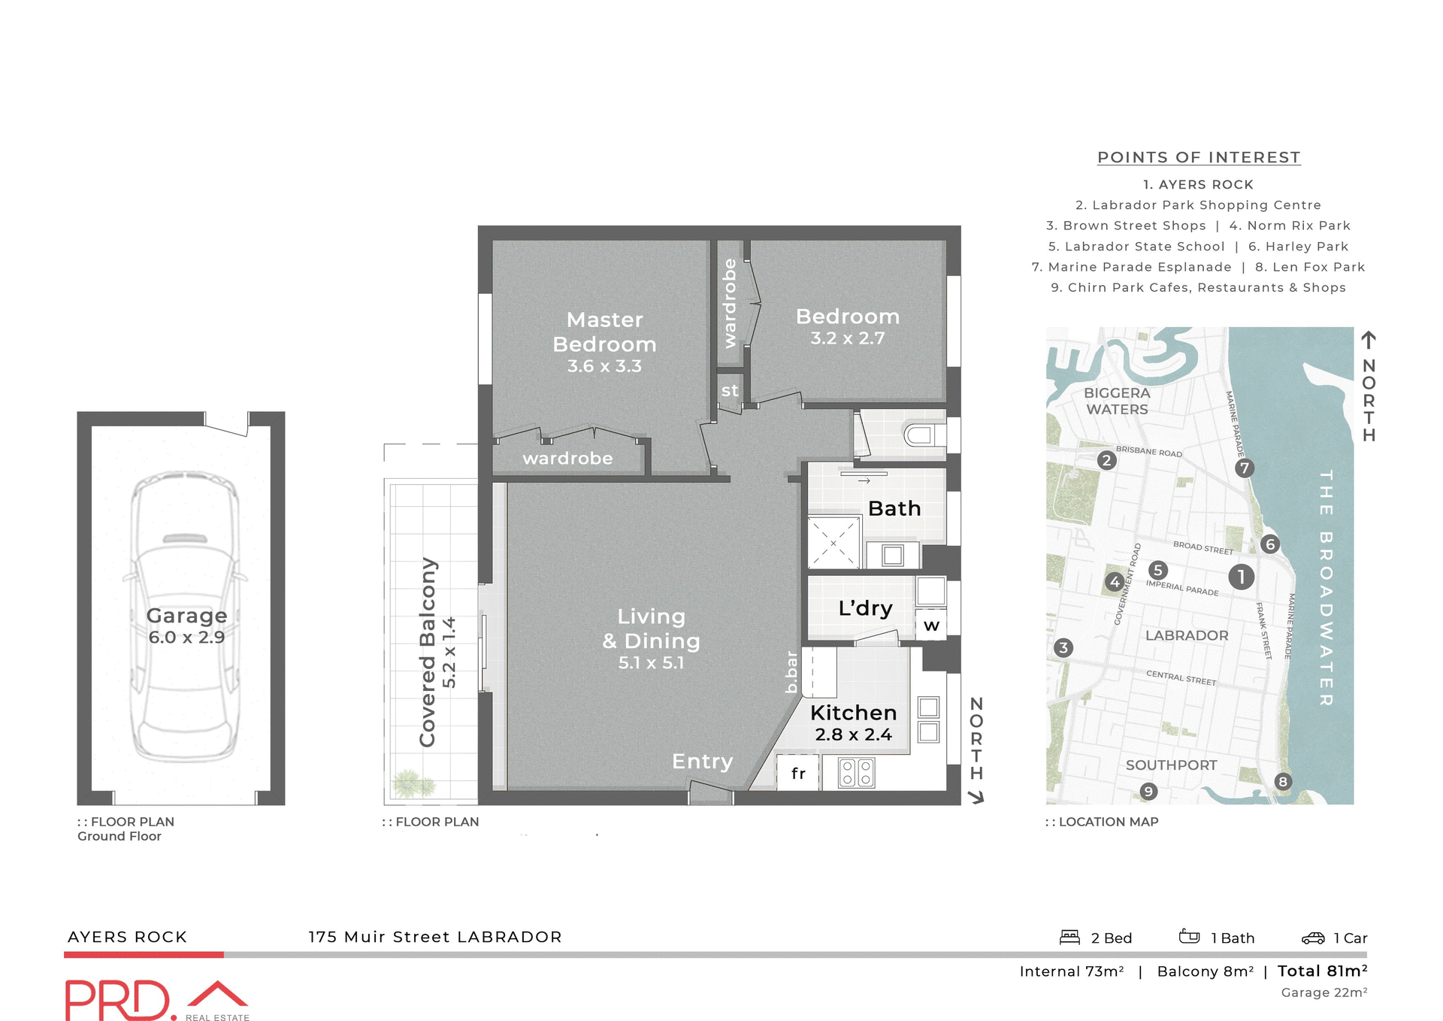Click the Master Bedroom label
(x=604, y=332)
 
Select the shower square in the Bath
(x=833, y=541)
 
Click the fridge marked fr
(x=798, y=773)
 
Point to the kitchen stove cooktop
(x=856, y=772)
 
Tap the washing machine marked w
(x=931, y=625)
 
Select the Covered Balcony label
(x=428, y=652)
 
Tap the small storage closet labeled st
(x=730, y=391)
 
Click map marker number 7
(x=1244, y=468)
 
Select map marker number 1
(x=1241, y=577)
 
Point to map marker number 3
(x=1063, y=647)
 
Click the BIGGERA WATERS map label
(x=1117, y=401)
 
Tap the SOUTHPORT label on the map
(x=1171, y=765)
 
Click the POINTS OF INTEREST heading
(x=1199, y=157)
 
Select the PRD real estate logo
(x=156, y=1000)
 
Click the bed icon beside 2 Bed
(x=1069, y=937)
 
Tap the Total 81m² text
(x=1322, y=971)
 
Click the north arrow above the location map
(x=1369, y=340)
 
